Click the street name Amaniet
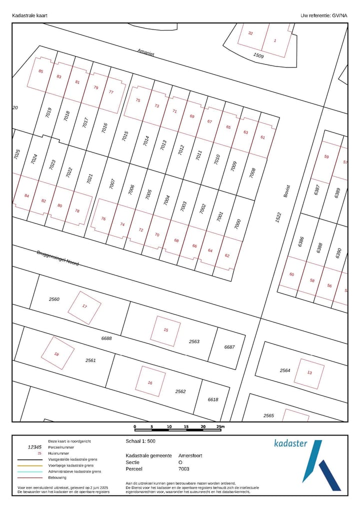coord(146,52)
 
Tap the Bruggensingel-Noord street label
coord(57,258)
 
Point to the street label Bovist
coord(286,191)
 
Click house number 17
coord(84,306)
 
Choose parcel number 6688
coord(106,338)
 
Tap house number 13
coord(309,372)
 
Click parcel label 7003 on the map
coord(183,206)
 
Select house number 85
coord(41,71)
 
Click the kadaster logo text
coord(290,443)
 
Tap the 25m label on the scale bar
coord(220,426)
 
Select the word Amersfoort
coord(190,455)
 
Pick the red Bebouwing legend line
coord(29,477)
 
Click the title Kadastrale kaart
coord(29,15)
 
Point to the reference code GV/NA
coord(338,15)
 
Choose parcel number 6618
coord(213,399)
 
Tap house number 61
coord(263,137)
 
